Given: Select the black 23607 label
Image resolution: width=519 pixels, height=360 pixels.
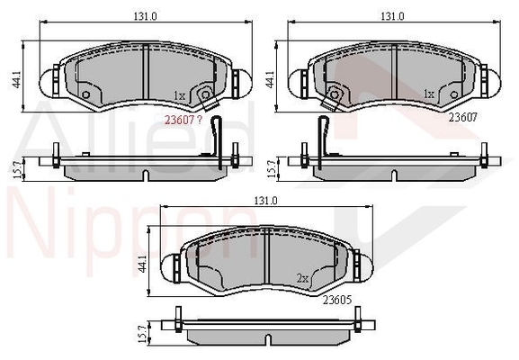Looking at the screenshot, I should (x=462, y=115).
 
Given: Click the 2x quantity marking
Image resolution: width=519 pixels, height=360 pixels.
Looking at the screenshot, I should (x=303, y=279).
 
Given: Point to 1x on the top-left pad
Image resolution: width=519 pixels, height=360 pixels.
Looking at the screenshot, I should (x=178, y=95).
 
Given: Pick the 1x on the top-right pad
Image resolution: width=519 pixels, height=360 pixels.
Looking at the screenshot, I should (x=429, y=94).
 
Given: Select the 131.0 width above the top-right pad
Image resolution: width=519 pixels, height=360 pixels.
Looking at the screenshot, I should (x=391, y=16).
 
